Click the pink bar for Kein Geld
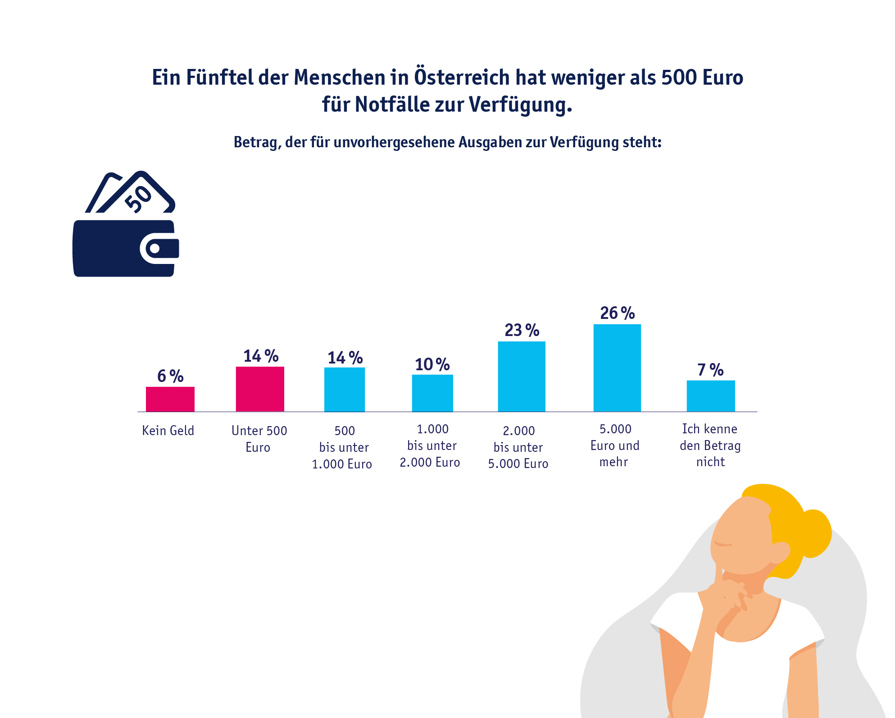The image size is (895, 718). (170, 399)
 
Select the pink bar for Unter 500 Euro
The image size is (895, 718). (260, 389)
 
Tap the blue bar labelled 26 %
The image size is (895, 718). (617, 368)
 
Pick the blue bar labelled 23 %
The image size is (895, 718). (522, 377)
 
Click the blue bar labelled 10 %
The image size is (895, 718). (432, 393)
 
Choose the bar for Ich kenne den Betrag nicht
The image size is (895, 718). (711, 396)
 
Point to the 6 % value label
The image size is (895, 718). (170, 376)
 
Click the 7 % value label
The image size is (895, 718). (710, 370)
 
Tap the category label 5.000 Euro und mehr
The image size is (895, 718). (615, 445)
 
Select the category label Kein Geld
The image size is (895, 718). (168, 431)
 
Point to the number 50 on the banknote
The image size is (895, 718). (138, 198)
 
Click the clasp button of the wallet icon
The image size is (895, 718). (155, 248)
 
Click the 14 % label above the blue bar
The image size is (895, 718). (345, 358)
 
